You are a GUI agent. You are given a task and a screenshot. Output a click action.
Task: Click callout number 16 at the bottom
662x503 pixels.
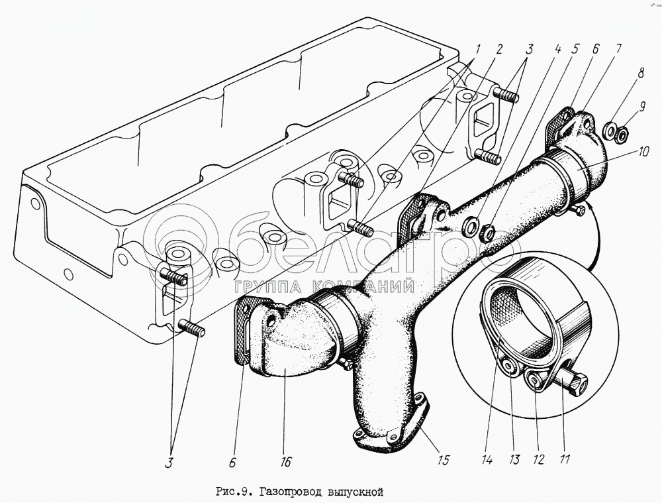coord(286,462)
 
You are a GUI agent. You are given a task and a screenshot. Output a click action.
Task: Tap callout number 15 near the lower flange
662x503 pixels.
coord(444,459)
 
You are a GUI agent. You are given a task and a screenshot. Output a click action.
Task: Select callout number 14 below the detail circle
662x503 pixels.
coord(487,459)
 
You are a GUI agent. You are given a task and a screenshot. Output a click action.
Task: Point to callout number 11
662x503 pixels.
coord(565,459)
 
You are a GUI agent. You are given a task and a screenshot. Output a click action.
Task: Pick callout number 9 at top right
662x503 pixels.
coord(642,107)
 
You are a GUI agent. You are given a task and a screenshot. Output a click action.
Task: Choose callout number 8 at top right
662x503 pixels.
coord(641,74)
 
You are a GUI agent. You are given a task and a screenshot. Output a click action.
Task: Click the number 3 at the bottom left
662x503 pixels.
coord(169,463)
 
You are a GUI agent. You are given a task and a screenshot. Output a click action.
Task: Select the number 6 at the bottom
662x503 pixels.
coord(232,463)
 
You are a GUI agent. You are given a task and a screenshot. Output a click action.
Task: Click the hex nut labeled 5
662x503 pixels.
coord(488,232)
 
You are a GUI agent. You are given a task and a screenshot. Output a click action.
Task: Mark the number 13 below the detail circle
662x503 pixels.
coord(514,459)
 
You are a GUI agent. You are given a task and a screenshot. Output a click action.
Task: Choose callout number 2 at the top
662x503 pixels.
coord(499,50)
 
